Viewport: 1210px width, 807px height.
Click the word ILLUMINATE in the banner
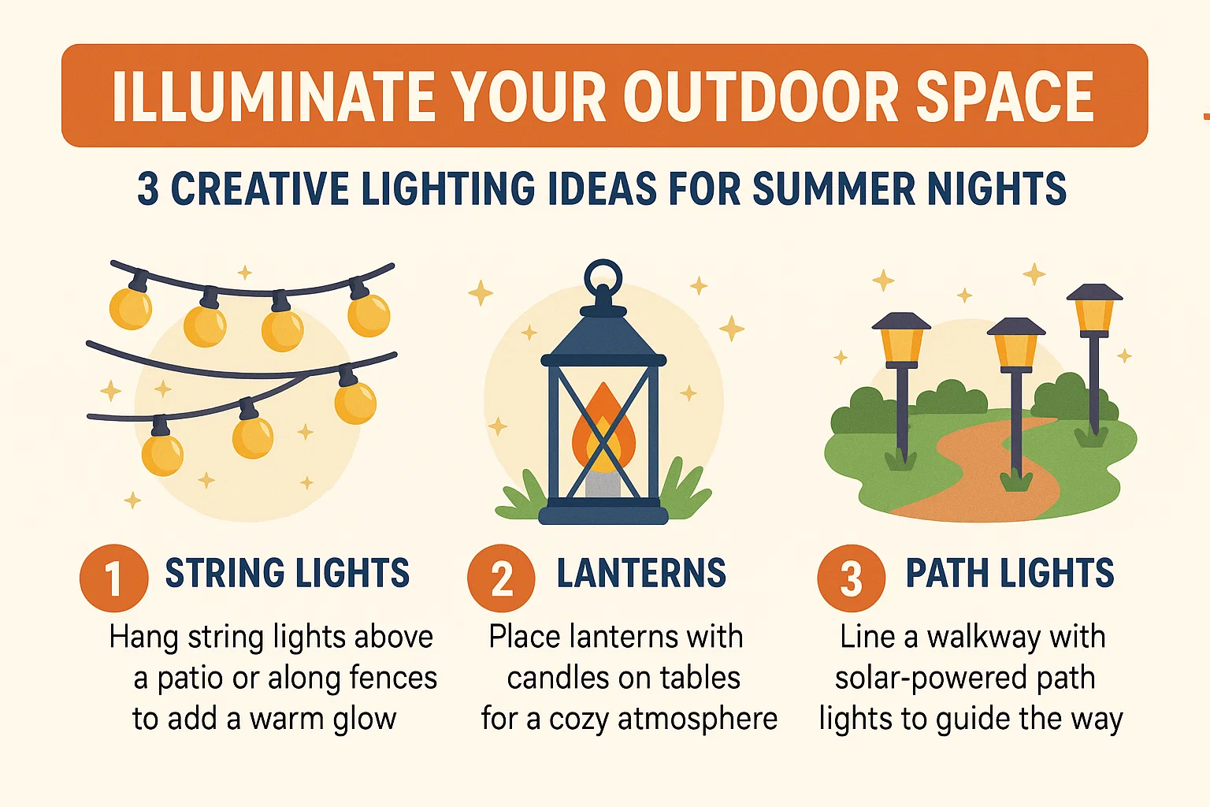pos(274,97)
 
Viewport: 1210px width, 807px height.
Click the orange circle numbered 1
pos(113,578)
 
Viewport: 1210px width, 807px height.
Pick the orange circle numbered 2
pos(501,578)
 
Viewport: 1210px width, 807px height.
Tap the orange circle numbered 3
pos(851,578)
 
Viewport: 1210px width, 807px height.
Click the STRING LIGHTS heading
pos(287,573)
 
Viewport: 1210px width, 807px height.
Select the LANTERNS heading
pos(641,573)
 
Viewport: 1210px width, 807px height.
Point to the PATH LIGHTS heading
pos(1010,573)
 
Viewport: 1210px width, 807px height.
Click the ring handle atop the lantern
pos(603,277)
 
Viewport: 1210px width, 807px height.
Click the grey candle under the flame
pos(603,482)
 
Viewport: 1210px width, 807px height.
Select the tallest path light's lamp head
pos(1094,307)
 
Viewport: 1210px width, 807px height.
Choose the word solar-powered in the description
pos(921,678)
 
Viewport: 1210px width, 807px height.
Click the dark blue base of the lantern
pos(603,515)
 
